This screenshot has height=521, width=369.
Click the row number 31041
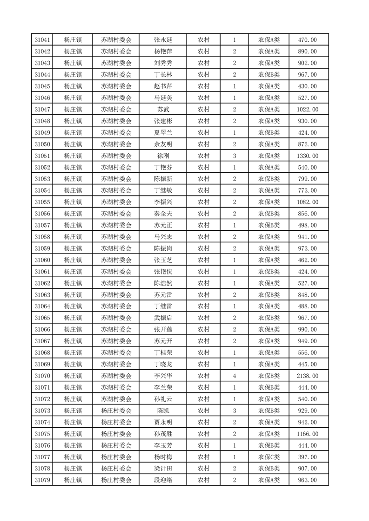click(42, 40)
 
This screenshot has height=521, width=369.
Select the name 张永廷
click(163, 40)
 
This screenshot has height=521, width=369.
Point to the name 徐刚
click(163, 156)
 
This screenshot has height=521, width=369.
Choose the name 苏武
click(163, 110)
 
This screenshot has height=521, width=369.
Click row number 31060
click(42, 260)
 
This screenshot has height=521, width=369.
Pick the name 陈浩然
click(163, 283)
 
